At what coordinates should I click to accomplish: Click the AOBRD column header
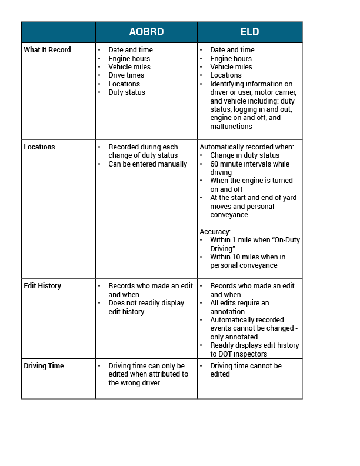[146, 32]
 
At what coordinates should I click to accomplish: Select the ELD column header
[249, 32]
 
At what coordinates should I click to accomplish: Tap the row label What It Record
[47, 50]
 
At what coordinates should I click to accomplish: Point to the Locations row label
[39, 147]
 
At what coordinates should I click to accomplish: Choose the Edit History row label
[42, 286]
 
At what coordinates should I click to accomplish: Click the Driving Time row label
[44, 366]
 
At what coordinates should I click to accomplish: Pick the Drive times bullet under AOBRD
[126, 75]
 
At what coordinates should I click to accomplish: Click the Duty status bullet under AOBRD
[126, 92]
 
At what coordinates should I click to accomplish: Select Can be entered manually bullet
[148, 164]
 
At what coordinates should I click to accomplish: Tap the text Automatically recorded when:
[247, 147]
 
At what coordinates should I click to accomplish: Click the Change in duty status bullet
[245, 155]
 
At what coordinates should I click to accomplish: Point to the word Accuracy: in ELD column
[216, 232]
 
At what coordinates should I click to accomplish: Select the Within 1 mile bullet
[254, 244]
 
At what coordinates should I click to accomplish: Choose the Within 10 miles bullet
[248, 261]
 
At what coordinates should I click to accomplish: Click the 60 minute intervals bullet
[249, 168]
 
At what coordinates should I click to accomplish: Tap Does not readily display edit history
[146, 307]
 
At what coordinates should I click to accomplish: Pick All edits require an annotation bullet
[239, 307]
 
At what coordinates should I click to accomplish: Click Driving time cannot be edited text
[245, 370]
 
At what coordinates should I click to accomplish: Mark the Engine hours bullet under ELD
[231, 59]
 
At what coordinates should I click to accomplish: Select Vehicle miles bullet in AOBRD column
[129, 67]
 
